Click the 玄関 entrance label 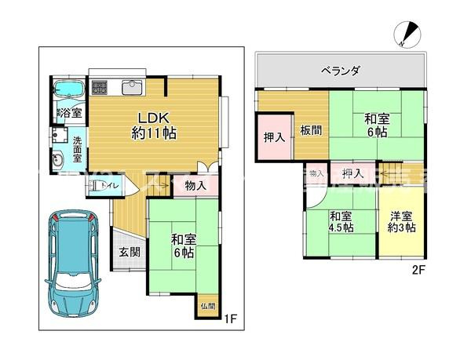tap(130, 253)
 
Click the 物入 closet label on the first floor tap(196, 186)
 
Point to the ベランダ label tap(340, 71)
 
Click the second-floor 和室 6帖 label tap(374, 125)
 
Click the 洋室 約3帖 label tap(400, 221)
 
